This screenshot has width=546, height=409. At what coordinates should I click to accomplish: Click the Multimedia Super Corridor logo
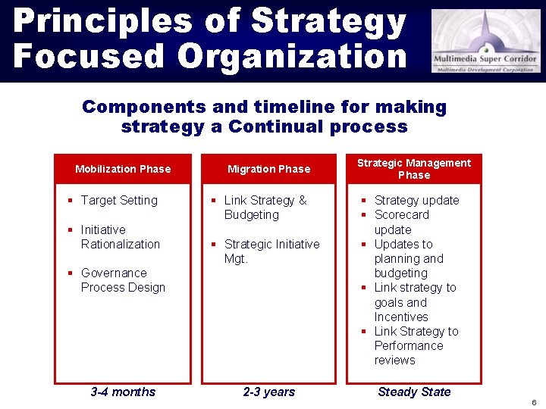click(x=486, y=41)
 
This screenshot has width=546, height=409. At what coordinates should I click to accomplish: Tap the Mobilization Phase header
click(x=123, y=169)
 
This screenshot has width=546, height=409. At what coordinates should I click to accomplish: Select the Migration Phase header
click(x=268, y=169)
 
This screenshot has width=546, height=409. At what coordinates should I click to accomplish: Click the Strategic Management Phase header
click(x=414, y=169)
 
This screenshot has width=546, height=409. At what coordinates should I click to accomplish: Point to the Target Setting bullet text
click(x=119, y=201)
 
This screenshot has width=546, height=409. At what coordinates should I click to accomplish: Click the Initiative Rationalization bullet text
click(x=120, y=237)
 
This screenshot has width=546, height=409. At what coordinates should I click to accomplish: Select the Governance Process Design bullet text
click(x=122, y=280)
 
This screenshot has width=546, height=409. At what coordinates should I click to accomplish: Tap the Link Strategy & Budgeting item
click(x=265, y=208)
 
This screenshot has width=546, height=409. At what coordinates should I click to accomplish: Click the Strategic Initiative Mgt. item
click(x=271, y=251)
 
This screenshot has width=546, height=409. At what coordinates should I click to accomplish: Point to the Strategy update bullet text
click(x=416, y=201)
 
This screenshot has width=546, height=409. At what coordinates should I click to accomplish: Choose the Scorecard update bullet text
click(x=401, y=222)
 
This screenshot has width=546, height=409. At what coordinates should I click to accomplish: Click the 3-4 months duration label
click(x=123, y=392)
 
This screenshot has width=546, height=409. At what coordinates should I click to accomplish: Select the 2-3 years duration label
click(x=268, y=392)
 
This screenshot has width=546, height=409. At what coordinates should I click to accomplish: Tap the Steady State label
click(x=414, y=392)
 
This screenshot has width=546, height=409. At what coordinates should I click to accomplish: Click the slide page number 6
click(x=534, y=401)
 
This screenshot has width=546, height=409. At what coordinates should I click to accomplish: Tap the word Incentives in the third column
click(x=401, y=317)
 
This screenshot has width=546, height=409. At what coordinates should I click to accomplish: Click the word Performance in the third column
click(x=409, y=346)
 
